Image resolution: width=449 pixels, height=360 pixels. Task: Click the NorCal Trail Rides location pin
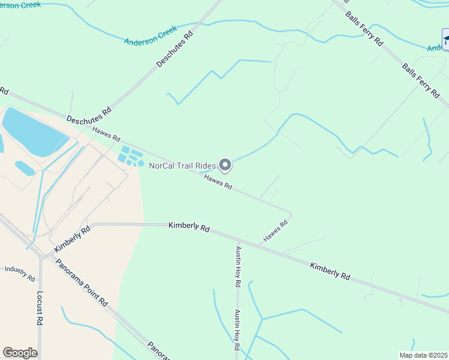pyautogui.click(x=225, y=164)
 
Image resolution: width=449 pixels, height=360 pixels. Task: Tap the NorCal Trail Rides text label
pyautogui.click(x=182, y=166)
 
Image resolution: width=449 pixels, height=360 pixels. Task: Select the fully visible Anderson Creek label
pyautogui.click(x=151, y=35)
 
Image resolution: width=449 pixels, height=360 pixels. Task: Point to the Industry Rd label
pyautogui.click(x=20, y=273)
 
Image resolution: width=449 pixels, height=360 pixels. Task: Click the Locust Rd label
pyautogui.click(x=40, y=308)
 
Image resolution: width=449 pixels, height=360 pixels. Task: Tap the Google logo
pyautogui.click(x=20, y=353)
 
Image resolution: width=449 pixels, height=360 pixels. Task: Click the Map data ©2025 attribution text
pyautogui.click(x=423, y=355)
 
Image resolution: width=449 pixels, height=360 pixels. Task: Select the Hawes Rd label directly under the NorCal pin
pyautogui.click(x=218, y=182)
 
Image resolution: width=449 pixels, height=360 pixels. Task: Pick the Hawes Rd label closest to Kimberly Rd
pyautogui.click(x=276, y=231)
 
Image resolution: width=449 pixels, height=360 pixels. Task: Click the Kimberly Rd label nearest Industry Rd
pyautogui.click(x=71, y=238)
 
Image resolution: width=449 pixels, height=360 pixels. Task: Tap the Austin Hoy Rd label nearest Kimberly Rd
pyautogui.click(x=238, y=265)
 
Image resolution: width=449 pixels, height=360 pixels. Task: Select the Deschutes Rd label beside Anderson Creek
pyautogui.click(x=175, y=49)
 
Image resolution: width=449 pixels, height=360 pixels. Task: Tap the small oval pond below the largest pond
pyautogui.click(x=25, y=168)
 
